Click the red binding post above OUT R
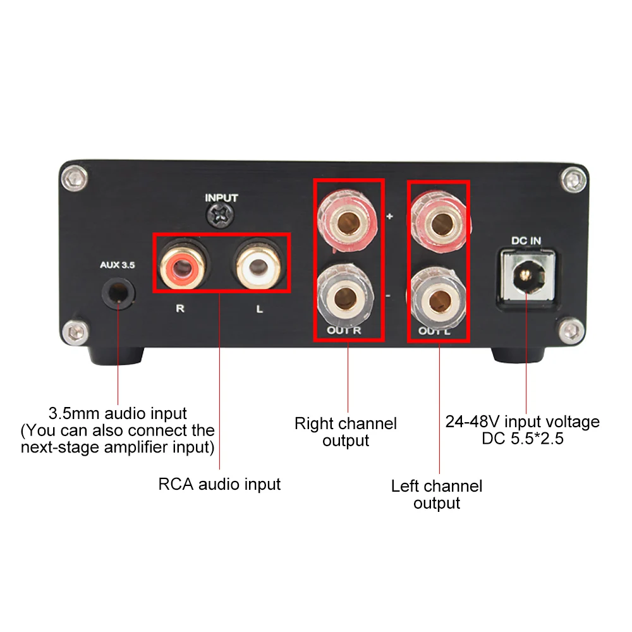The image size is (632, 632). coord(348,218)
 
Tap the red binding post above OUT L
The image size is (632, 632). coord(439,218)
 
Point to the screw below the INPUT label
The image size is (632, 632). coord(221,217)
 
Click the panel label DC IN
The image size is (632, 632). coord(526,240)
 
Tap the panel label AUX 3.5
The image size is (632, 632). coord(117,265)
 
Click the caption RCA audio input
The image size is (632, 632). coord(219,485)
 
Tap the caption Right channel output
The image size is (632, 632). coord(346,432)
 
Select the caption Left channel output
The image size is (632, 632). coord(437,494)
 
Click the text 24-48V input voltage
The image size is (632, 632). coord(523,422)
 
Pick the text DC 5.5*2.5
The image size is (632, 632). coord(523,437)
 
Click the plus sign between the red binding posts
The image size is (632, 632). coord(389,217)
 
